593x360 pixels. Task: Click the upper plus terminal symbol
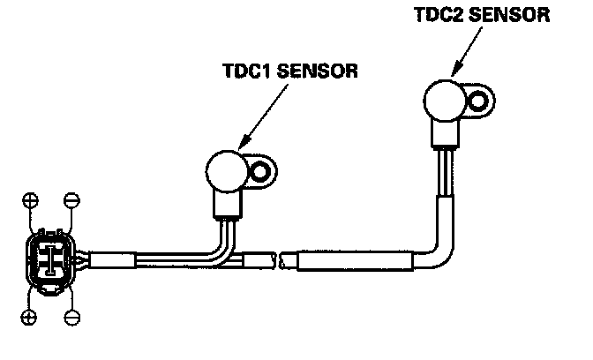(30, 199)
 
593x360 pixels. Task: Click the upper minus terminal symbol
(72, 199)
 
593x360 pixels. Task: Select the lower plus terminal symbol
(29, 315)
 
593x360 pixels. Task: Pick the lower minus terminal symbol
(72, 315)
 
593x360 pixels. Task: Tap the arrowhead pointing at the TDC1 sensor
(240, 143)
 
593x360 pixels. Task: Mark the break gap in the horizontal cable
(280, 262)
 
